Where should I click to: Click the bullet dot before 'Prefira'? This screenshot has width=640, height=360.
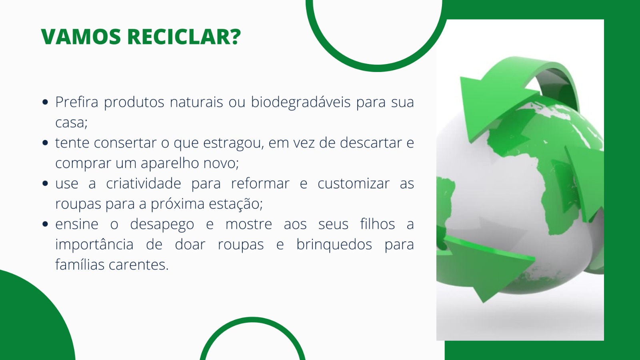pos(45,102)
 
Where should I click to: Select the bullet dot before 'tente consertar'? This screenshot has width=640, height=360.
pos(45,142)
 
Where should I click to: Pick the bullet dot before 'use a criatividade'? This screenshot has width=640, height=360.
pos(45,183)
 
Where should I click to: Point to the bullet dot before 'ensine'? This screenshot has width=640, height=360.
pos(45,224)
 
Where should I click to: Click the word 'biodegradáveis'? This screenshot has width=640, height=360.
pos(300,102)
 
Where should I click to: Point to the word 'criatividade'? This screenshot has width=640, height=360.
pos(144,184)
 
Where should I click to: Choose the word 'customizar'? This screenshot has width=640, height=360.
pos(354,184)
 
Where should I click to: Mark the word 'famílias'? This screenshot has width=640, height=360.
pos(80,264)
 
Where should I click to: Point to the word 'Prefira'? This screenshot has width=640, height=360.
pos(76,102)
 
